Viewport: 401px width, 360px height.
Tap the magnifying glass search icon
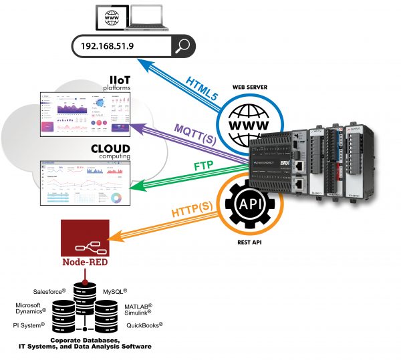coord(183,46)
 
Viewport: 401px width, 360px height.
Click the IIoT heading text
coord(118,80)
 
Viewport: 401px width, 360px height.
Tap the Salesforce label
coord(50,292)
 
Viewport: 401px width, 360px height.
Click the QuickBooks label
coord(145,325)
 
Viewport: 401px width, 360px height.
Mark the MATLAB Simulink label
coord(139,309)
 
